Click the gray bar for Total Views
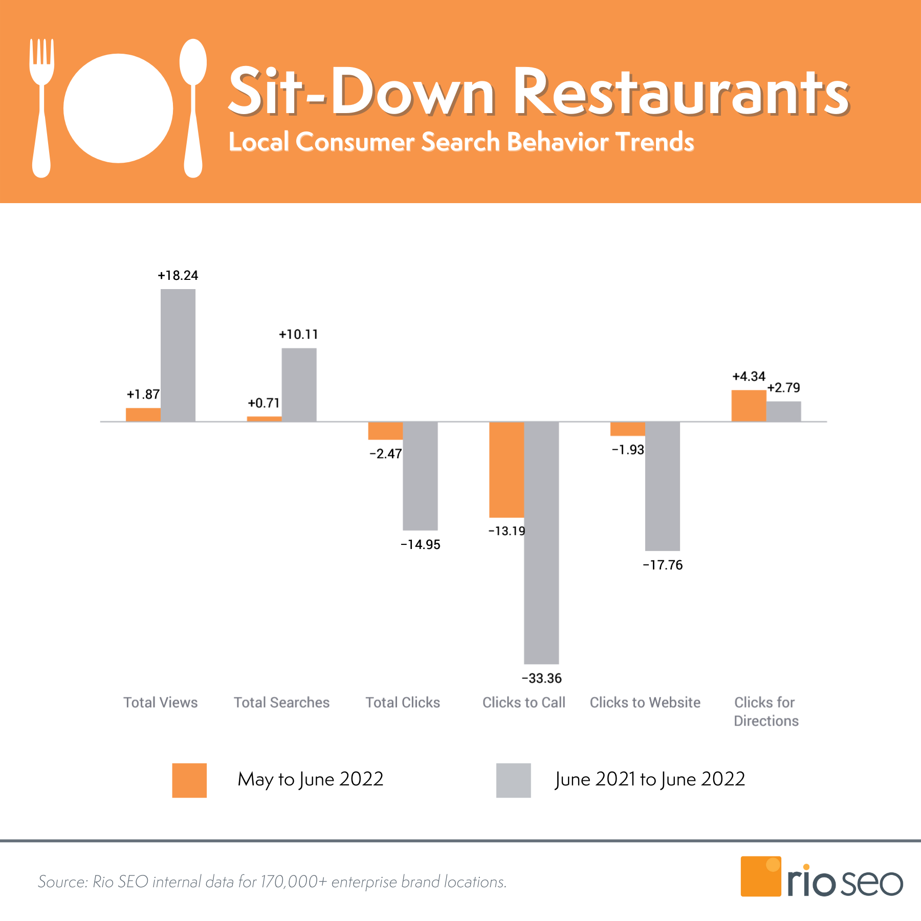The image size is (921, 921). tap(178, 355)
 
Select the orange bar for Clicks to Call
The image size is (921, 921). tap(506, 469)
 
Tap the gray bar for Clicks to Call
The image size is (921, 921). tap(541, 542)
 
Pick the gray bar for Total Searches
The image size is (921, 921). tap(299, 385)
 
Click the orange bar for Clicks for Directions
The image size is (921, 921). tap(748, 406)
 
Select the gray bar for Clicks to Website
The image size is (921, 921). tap(662, 486)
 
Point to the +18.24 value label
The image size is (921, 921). tap(178, 276)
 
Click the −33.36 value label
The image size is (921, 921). tap(541, 678)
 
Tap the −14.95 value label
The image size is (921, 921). tap(420, 545)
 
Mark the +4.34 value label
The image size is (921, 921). tap(748, 377)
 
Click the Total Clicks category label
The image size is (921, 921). tap(403, 703)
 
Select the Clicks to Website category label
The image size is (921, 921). tap(645, 703)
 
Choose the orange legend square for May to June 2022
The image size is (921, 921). tap(189, 780)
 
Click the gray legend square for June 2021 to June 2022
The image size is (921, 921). tap(513, 780)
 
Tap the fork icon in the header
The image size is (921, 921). tap(41, 107)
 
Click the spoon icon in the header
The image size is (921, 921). tap(193, 107)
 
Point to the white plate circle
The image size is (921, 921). tap(118, 108)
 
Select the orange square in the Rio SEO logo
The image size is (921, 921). tap(760, 876)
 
